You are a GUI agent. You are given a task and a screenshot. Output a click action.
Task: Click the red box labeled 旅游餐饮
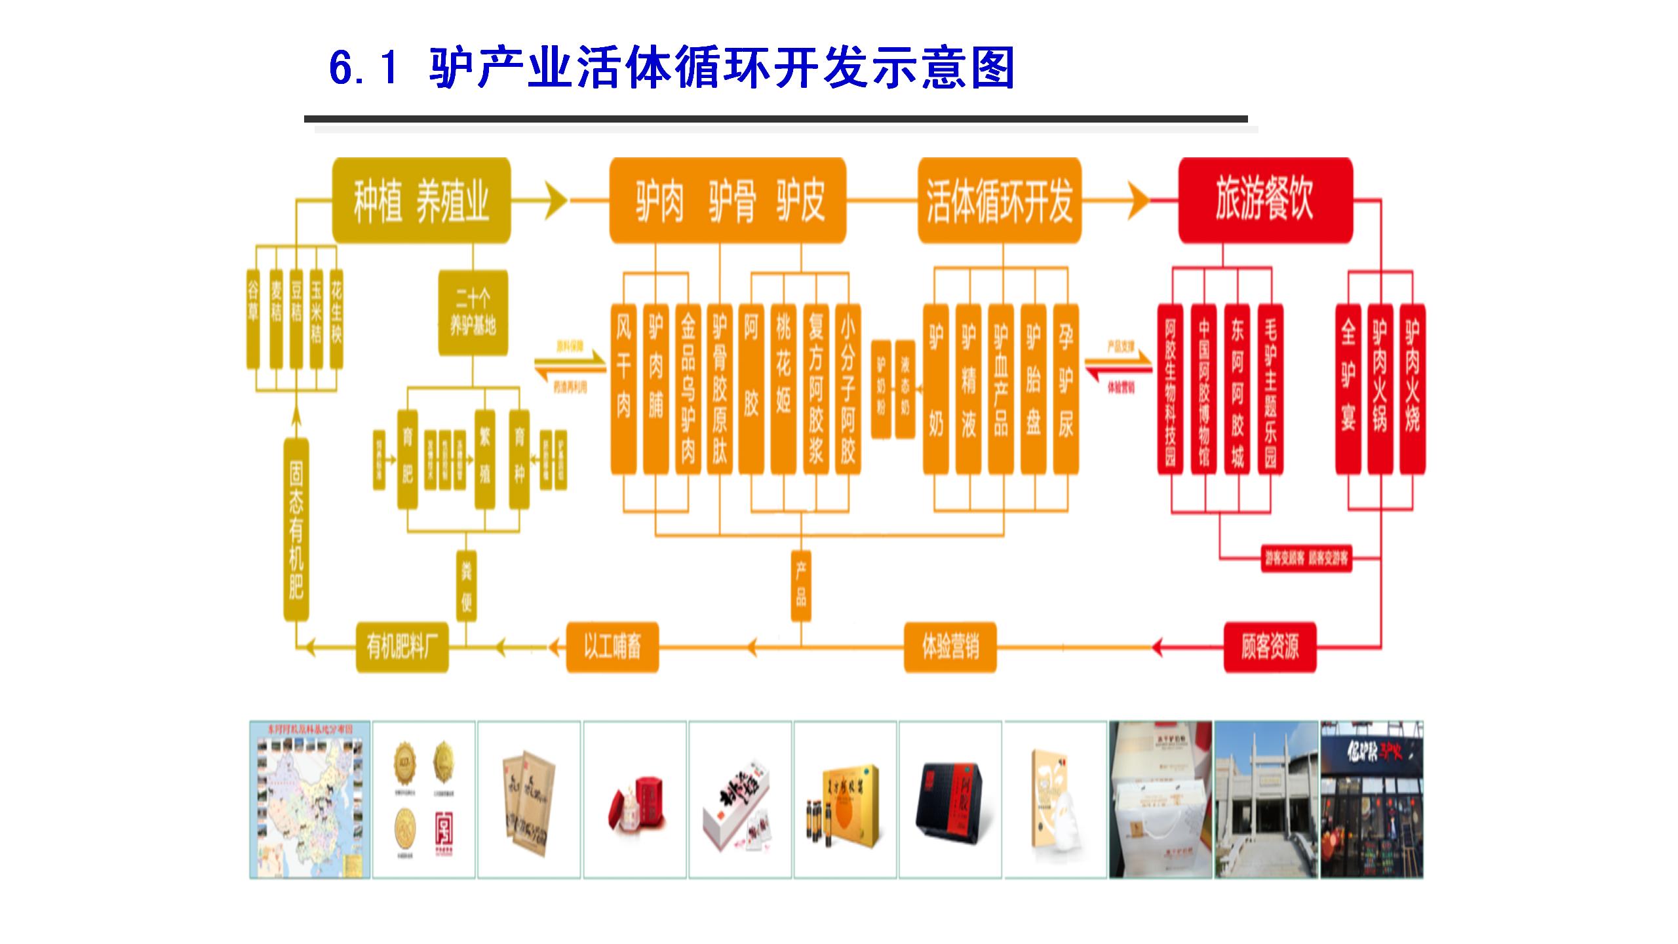point(1265,200)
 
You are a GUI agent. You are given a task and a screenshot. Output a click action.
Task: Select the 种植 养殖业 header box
point(421,201)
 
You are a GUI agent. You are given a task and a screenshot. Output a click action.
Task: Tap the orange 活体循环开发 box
point(999,201)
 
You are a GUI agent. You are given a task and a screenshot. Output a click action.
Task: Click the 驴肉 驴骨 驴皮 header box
point(728,201)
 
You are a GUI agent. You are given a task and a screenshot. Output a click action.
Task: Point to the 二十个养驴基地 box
point(473,313)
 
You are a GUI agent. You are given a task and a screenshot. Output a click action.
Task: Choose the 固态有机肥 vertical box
point(296,530)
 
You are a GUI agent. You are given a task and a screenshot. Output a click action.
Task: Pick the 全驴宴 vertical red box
point(1348,388)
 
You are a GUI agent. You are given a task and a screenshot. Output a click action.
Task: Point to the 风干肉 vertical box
point(623,388)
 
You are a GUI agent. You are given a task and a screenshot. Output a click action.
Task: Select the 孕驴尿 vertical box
point(1066,388)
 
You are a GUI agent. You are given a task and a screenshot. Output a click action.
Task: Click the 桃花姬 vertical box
point(783,388)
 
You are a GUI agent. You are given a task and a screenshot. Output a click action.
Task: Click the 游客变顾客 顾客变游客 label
point(1306,559)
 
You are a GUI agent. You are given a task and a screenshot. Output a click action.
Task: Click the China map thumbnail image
point(310,800)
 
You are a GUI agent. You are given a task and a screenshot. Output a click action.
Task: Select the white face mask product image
point(1055,800)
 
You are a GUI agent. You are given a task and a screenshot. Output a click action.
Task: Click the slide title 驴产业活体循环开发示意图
point(672,68)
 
